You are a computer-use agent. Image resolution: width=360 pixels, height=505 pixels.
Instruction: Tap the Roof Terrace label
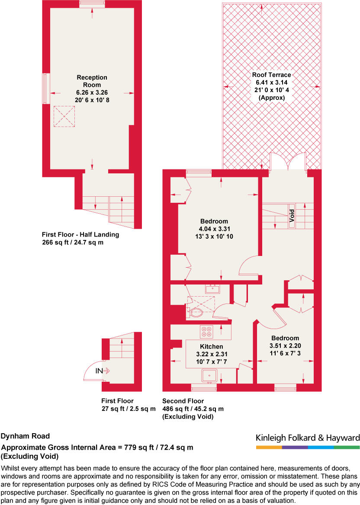[x=272, y=74]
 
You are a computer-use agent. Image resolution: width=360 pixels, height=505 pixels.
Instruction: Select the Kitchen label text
[x=211, y=346]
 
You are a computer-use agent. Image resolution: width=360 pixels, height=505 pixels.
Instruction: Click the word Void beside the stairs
[x=292, y=214]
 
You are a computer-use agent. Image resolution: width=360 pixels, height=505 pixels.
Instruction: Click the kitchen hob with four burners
[x=206, y=332]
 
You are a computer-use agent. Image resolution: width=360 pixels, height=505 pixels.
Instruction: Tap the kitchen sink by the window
[x=209, y=376]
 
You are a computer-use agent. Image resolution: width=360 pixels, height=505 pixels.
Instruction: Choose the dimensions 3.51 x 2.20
[x=285, y=345]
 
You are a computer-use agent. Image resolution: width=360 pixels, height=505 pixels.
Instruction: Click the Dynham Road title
[x=26, y=436]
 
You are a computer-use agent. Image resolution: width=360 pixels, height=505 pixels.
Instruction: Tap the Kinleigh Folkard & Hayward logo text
[x=308, y=438]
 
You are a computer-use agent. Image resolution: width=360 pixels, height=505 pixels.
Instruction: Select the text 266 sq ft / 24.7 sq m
[x=73, y=243]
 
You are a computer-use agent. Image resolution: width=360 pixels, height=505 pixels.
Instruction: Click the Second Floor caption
[x=183, y=401]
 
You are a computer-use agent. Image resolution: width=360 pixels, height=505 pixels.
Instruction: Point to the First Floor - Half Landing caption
[x=80, y=235]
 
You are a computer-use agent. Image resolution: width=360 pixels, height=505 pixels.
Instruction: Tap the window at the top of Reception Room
[x=92, y=4]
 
